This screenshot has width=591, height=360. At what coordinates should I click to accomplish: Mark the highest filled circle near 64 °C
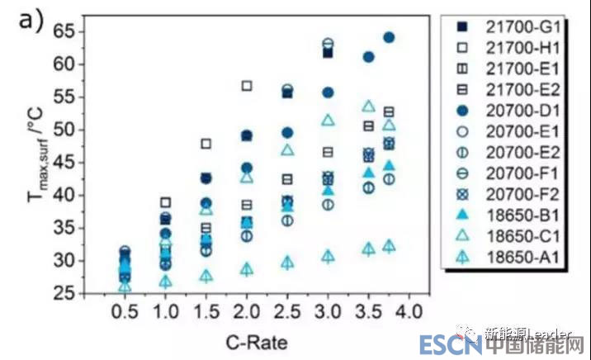point(389,37)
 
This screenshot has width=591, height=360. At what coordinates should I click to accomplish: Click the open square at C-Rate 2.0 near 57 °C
point(247,86)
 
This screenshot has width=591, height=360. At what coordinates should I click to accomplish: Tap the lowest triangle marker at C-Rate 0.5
point(125,287)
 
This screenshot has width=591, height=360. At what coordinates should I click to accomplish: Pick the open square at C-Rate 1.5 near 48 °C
point(206,144)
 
